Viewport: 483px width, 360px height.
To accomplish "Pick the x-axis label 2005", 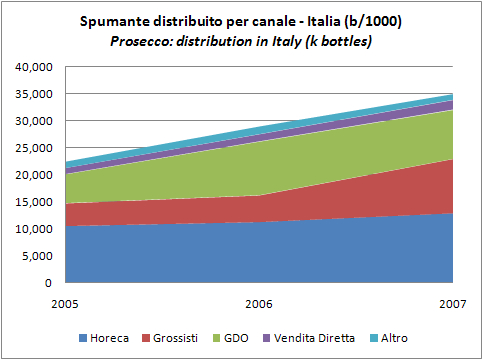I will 65,301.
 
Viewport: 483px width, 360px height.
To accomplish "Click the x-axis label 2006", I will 259,301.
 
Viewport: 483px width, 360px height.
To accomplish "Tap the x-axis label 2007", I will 451,301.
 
